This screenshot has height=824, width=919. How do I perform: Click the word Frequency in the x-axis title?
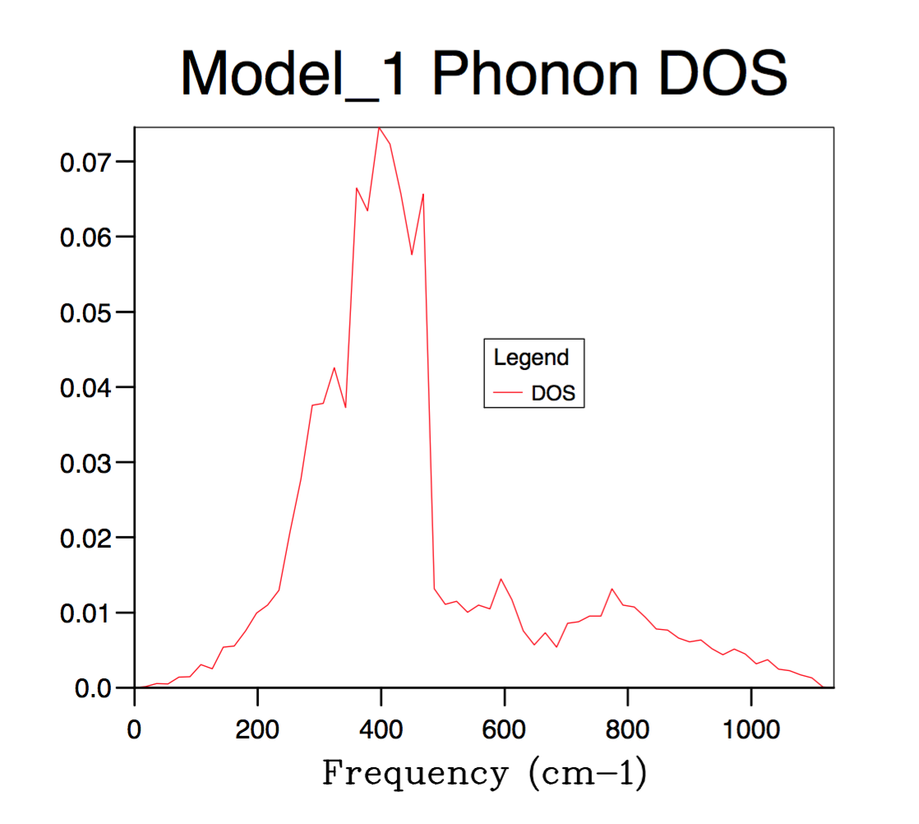[415, 774]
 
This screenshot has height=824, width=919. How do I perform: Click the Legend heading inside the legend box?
[531, 358]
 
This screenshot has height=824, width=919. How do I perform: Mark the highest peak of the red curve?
[379, 127]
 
